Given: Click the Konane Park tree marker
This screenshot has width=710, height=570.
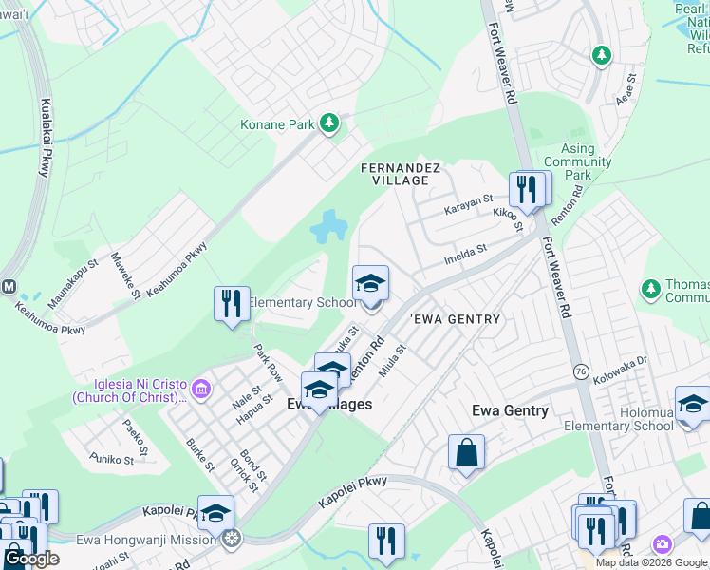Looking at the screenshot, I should pyautogui.click(x=329, y=123).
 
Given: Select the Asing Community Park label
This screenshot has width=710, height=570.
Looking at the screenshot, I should pyautogui.click(x=577, y=162).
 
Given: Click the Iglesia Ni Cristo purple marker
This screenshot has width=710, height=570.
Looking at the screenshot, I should pyautogui.click(x=200, y=389).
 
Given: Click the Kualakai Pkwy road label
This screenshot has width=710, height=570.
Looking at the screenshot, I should pyautogui.click(x=44, y=139).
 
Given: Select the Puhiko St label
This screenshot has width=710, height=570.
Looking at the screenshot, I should pyautogui.click(x=111, y=460).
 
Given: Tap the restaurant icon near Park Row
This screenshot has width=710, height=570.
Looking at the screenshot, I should pyautogui.click(x=232, y=304).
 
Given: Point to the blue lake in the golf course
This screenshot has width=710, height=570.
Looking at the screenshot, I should pyautogui.click(x=327, y=226).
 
